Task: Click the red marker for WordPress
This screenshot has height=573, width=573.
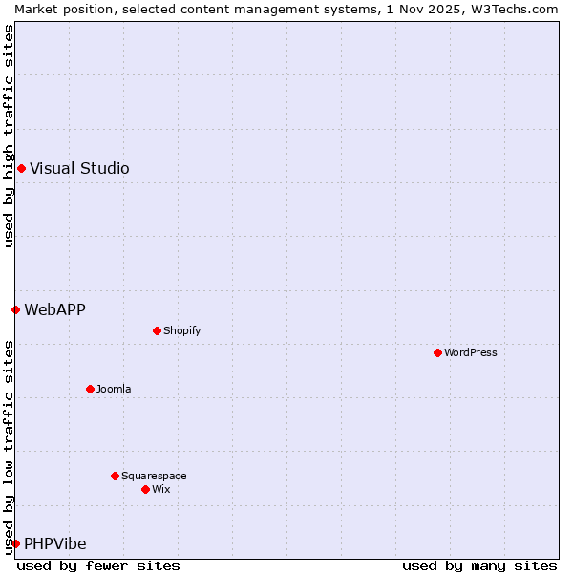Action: coord(437,352)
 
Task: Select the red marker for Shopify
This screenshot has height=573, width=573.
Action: coord(157,330)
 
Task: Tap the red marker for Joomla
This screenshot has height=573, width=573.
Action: coord(90,389)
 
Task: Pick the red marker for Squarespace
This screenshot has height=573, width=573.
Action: coord(115,476)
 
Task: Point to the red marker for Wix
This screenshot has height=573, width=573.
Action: coord(145,489)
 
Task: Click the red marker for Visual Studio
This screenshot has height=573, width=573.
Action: coord(21,169)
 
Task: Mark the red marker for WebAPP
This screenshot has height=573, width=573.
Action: coord(15,309)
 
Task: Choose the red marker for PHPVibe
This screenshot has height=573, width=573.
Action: coord(15,543)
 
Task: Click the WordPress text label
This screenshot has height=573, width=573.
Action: coord(470,352)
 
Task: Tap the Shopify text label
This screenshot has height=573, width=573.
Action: coord(181,330)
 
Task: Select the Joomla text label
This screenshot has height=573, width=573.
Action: coord(114,389)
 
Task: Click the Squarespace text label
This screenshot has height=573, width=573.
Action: coord(154,476)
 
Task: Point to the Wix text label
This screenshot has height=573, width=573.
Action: coord(160,489)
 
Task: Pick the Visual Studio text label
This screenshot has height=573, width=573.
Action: coord(79,169)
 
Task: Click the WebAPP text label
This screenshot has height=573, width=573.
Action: coord(54,309)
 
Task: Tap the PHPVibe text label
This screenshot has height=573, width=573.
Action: coord(54,543)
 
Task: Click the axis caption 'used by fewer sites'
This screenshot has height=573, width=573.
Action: coord(98,565)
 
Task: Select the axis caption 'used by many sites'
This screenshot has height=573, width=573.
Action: coord(479,565)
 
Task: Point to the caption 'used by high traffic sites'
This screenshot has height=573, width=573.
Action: coord(9,136)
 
